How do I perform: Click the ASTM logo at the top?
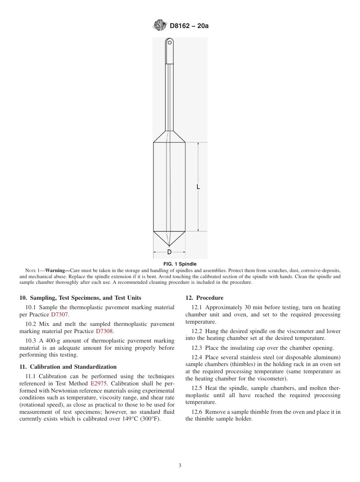(x=159, y=26)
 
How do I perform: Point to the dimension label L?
(x=198, y=187)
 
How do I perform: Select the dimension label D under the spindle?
(x=169, y=252)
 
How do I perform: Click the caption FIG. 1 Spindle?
(x=180, y=264)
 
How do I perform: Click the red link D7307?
(x=60, y=315)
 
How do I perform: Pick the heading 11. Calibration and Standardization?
(x=68, y=367)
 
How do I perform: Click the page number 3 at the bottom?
(x=180, y=465)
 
